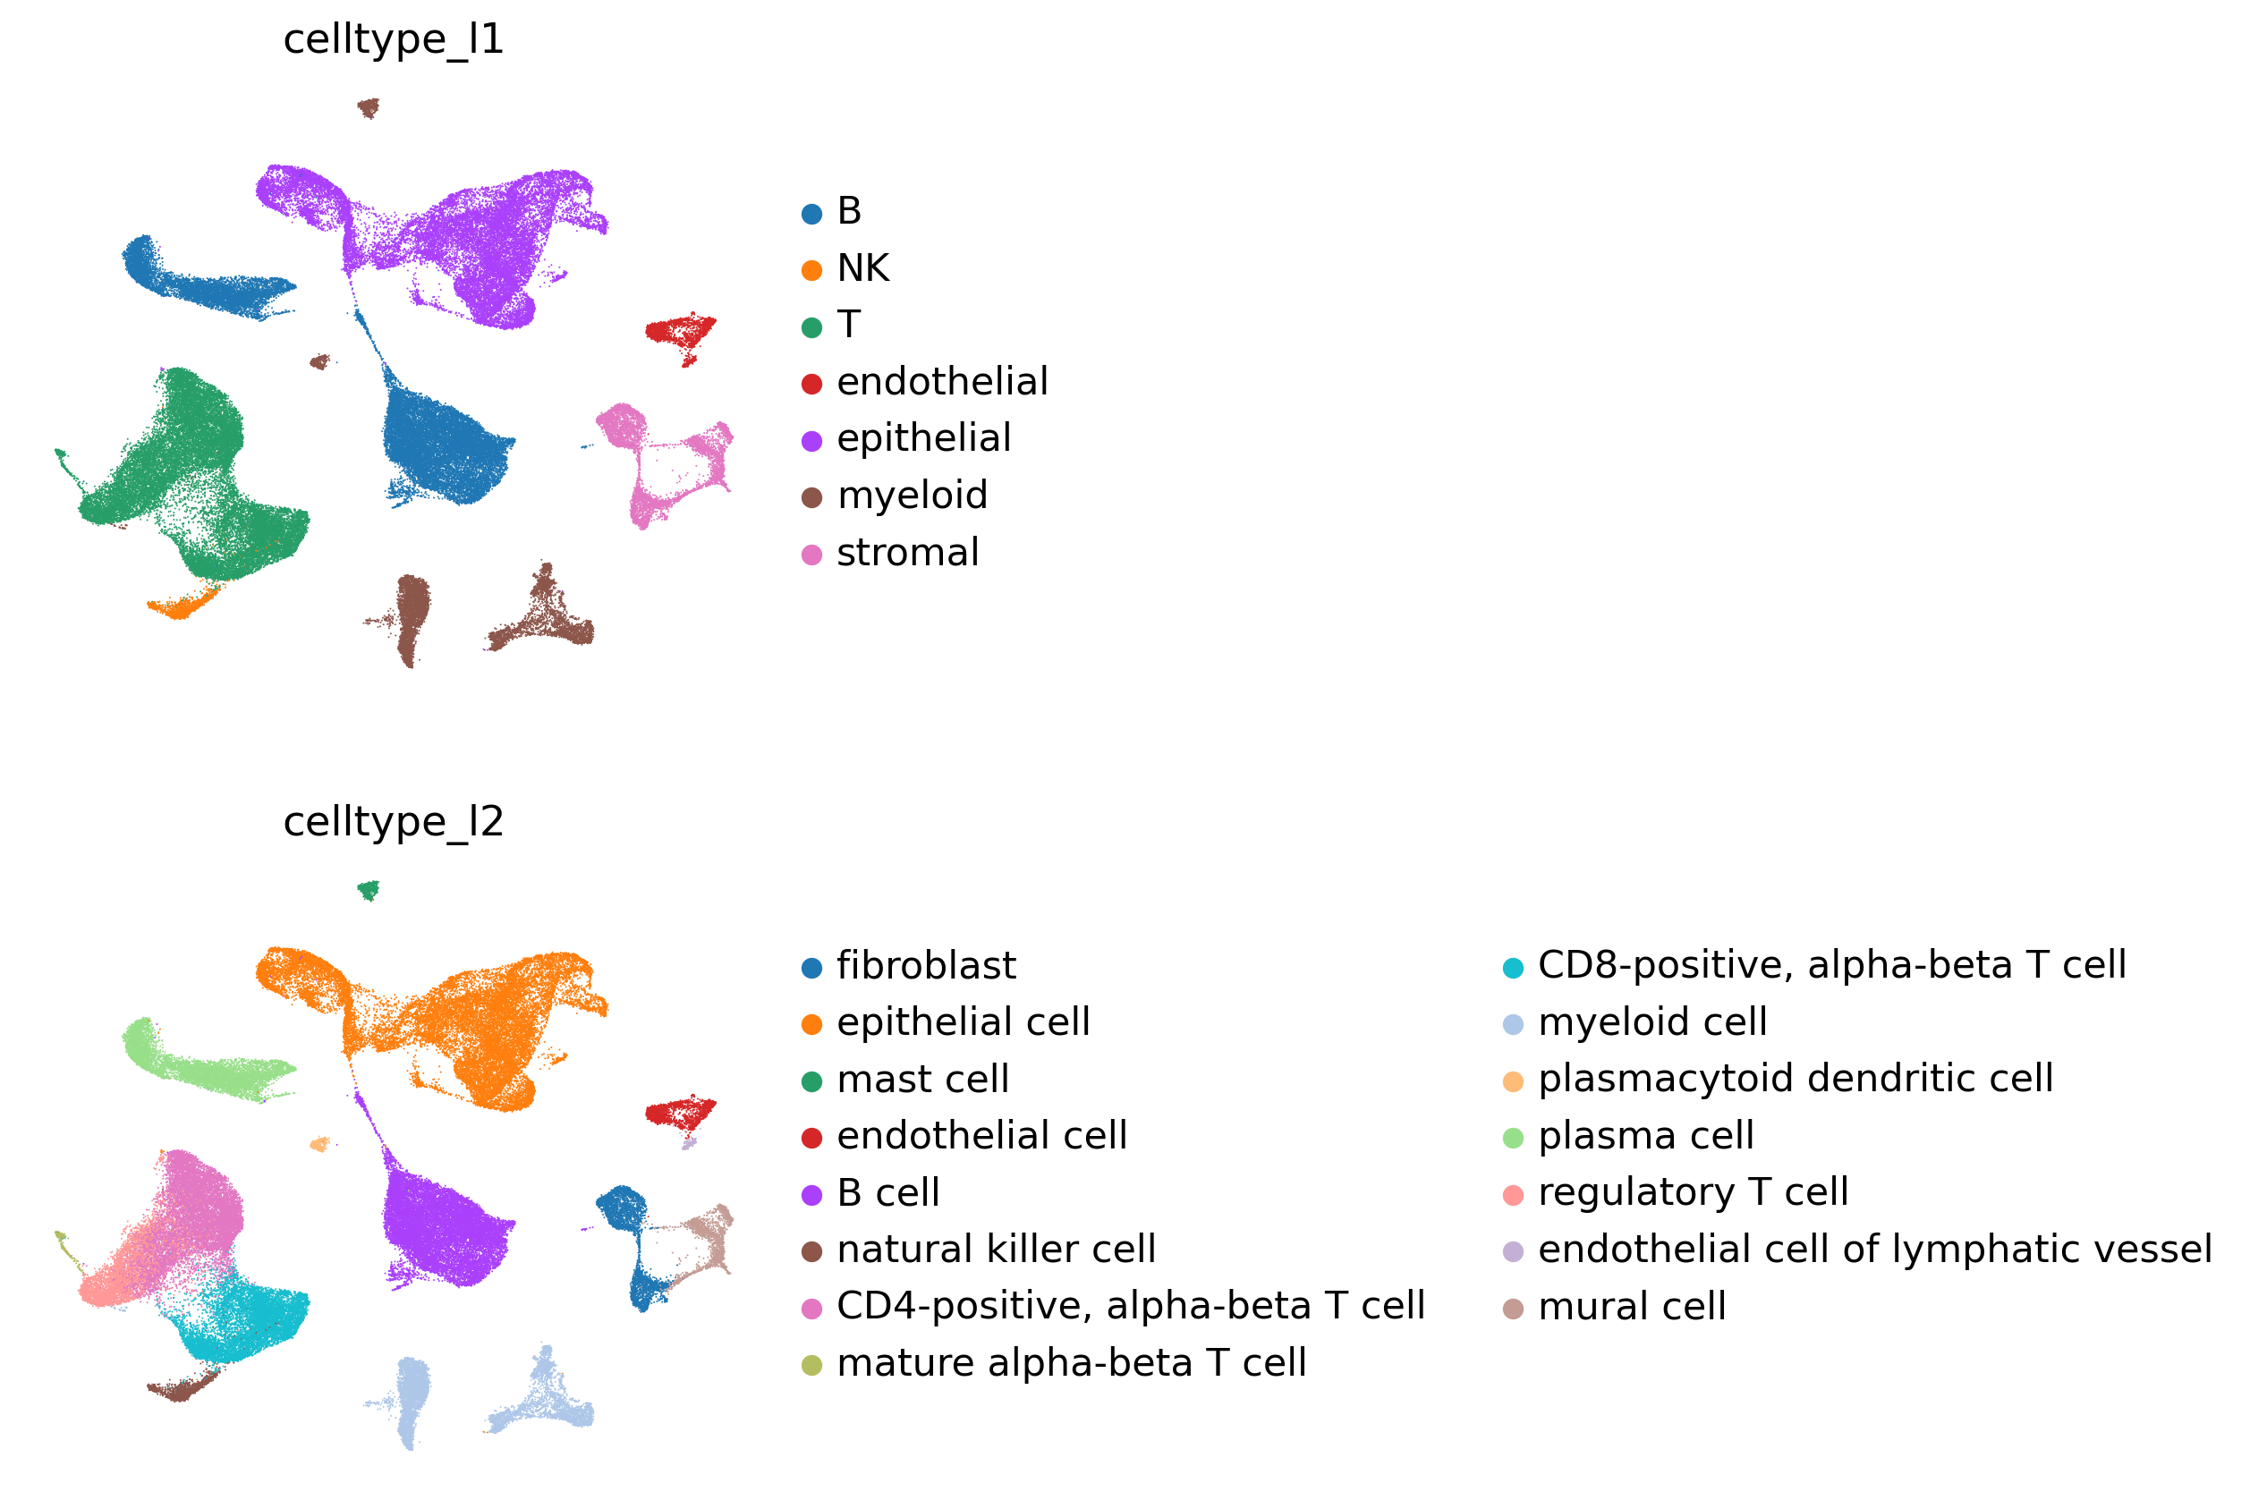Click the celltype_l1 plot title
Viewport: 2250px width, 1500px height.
[393, 40]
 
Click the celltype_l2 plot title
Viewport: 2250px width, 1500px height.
[393, 823]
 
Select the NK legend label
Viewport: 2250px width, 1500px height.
[863, 267]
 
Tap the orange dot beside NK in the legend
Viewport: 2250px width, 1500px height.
[812, 271]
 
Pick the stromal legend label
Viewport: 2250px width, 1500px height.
[908, 553]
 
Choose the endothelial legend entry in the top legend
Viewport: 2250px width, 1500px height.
[942, 382]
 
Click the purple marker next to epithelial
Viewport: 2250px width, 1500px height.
[812, 441]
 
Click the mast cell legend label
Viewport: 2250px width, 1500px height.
[923, 1080]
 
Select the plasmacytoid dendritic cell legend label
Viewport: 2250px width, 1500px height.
[1796, 1079]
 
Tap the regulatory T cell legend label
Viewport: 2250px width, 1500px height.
[1694, 1193]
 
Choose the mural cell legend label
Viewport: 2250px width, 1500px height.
[1632, 1307]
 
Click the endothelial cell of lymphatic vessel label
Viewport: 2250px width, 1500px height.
[1875, 1250]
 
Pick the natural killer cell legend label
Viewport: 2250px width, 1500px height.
[996, 1250]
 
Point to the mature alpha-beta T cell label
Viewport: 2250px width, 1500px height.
[1072, 1363]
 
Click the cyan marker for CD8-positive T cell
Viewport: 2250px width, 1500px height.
[1514, 968]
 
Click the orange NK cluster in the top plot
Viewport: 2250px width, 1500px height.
[182, 605]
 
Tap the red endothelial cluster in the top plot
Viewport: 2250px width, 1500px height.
[680, 333]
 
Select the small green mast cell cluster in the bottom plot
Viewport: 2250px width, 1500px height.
[369, 891]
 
